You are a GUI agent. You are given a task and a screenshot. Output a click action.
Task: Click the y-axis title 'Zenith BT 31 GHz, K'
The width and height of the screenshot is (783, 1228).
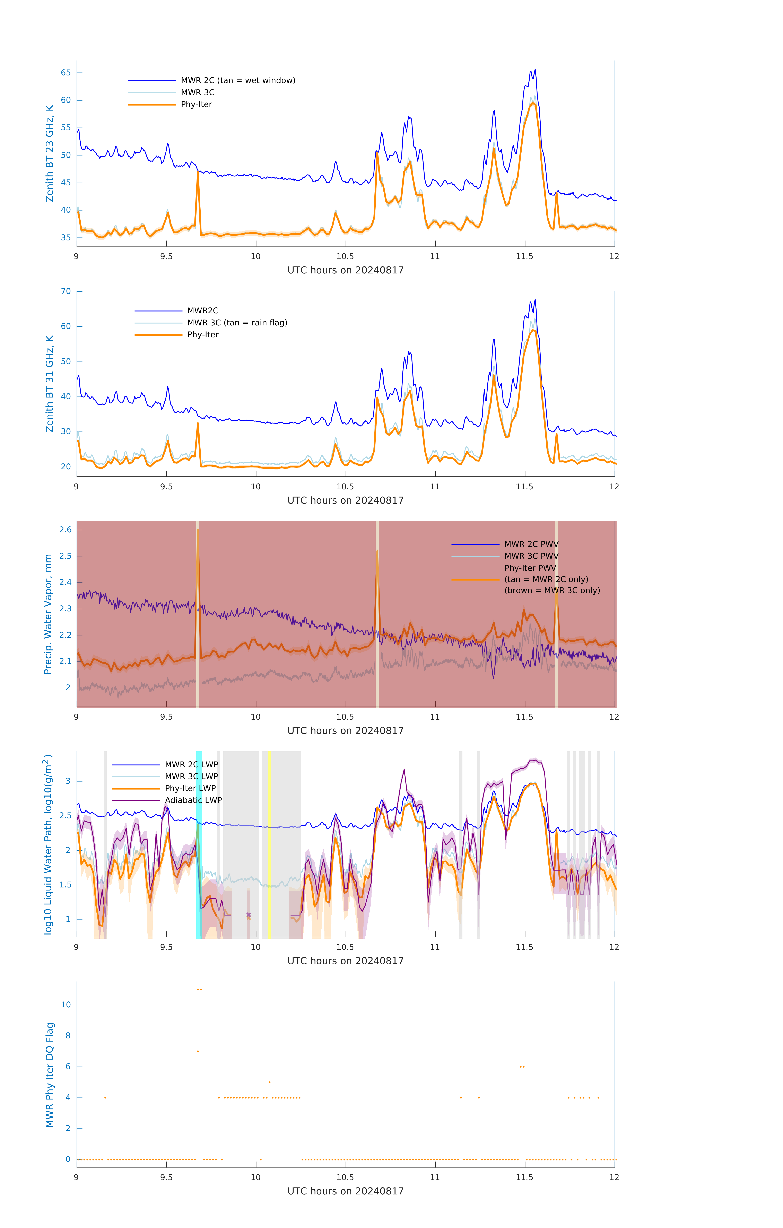point(50,384)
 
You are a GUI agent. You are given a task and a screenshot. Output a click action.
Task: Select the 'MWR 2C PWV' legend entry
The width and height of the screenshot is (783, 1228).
point(531,544)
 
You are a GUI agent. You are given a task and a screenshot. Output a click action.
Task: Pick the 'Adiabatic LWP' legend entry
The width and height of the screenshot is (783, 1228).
point(193,800)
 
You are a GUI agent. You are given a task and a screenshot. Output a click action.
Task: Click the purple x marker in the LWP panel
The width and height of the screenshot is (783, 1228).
point(249,915)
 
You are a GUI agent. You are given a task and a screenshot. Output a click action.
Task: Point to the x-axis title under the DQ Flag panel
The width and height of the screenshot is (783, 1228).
point(345,1191)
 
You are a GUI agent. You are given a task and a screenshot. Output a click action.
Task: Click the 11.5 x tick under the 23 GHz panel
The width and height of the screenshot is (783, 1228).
point(524,256)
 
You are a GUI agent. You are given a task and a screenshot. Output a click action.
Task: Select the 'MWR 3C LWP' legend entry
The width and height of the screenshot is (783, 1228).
point(191,776)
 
